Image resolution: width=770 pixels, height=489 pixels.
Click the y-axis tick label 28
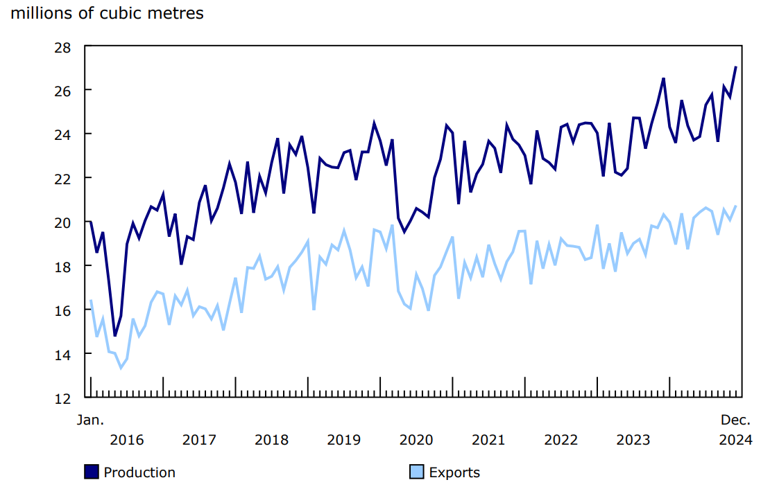[x=63, y=46]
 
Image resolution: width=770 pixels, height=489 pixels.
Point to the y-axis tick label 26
[x=63, y=91]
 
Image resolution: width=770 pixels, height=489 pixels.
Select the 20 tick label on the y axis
[x=63, y=222]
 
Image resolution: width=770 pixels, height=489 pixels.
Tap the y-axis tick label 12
[x=63, y=398]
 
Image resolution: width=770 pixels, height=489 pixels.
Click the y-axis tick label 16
[x=63, y=310]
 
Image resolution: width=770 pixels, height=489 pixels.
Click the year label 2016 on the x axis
[x=126, y=440]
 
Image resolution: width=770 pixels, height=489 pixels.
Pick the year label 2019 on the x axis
[x=343, y=440]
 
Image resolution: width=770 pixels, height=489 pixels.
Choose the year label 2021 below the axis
[x=488, y=440]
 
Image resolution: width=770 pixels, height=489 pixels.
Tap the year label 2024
[x=735, y=440]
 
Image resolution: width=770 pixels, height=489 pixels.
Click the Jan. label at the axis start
[x=90, y=420]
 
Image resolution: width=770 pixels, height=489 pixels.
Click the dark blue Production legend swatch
[x=92, y=472]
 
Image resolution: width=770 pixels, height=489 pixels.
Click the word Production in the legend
[x=139, y=472]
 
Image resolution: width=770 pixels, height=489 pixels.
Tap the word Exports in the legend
[x=454, y=472]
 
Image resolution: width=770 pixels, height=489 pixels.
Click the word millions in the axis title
[x=41, y=13]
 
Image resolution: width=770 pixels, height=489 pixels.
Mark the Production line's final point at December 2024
[x=735, y=67]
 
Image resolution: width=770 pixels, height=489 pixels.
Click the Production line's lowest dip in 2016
[x=114, y=336]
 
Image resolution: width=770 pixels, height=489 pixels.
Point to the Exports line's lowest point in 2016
[x=121, y=368]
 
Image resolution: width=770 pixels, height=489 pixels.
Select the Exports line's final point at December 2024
[x=735, y=206]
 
